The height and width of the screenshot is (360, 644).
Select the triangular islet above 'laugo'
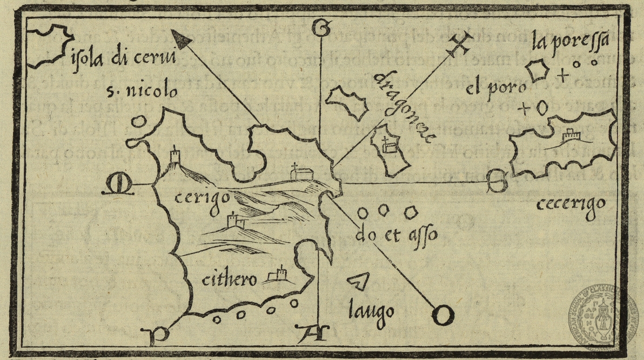(358, 281)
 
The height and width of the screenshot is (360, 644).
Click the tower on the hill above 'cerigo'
(175, 157)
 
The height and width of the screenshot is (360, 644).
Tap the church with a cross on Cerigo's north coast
(299, 172)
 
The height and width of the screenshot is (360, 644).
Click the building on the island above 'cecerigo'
(569, 135)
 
